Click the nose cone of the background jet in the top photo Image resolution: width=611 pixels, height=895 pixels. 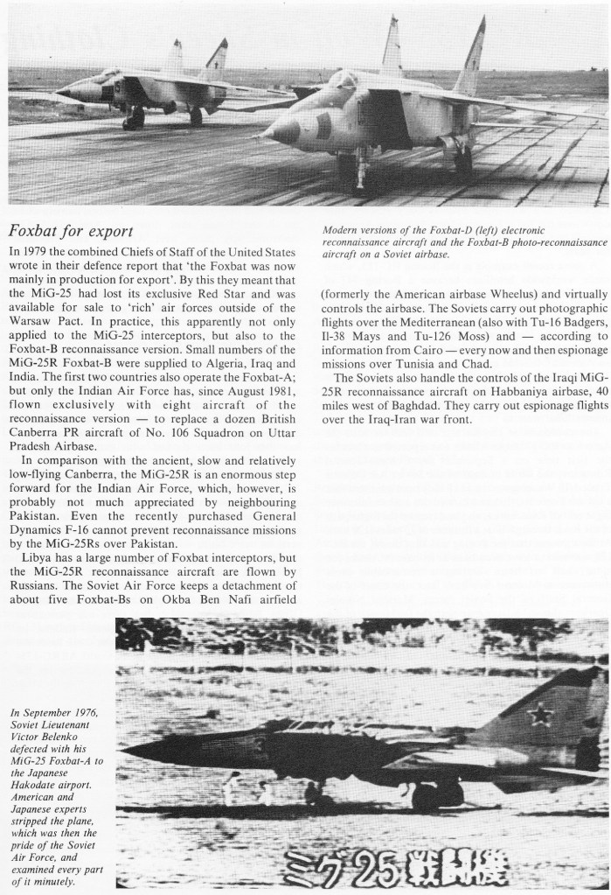pyautogui.click(x=61, y=93)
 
